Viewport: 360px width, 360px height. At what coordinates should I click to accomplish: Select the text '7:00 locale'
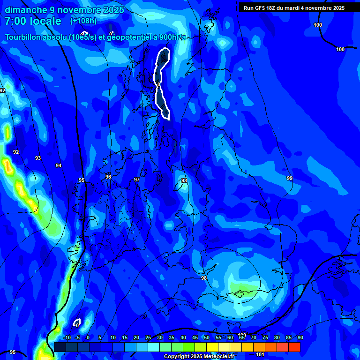(x=33, y=22)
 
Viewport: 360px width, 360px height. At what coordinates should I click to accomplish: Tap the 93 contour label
(x=38, y=158)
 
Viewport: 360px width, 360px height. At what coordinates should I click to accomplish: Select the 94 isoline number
(x=58, y=165)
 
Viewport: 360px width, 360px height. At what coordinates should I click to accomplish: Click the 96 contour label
(x=108, y=177)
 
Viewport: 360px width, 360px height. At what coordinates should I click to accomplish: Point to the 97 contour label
(x=137, y=180)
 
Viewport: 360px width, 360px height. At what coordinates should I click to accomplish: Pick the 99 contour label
(x=290, y=178)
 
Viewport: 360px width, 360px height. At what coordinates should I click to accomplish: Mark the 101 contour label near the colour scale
(x=261, y=355)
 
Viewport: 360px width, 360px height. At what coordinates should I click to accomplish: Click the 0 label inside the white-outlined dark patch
(x=159, y=84)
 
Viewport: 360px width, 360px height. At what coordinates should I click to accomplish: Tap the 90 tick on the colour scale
(x=300, y=337)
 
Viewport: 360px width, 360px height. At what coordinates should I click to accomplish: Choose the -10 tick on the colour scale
(x=67, y=337)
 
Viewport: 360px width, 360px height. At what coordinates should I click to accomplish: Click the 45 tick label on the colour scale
(x=195, y=337)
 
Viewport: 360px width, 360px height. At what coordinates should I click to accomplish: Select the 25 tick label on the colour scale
(x=148, y=337)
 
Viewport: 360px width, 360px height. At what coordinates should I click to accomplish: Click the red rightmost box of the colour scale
(x=294, y=347)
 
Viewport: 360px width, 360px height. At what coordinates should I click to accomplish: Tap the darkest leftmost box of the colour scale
(x=60, y=347)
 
